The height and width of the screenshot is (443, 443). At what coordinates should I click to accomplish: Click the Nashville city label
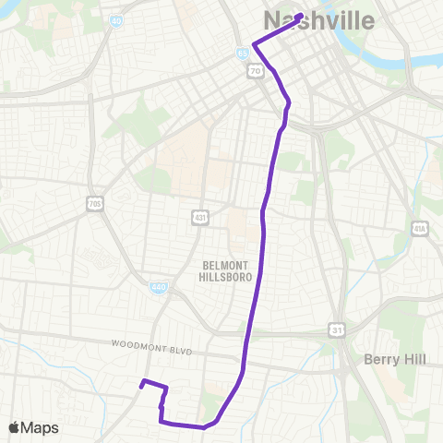tap(319, 21)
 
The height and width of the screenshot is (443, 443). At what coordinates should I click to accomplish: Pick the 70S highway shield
tap(94, 203)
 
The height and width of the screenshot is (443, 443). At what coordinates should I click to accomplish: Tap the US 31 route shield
tap(338, 328)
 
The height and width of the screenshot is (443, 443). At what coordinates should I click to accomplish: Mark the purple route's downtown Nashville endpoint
tap(301, 16)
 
